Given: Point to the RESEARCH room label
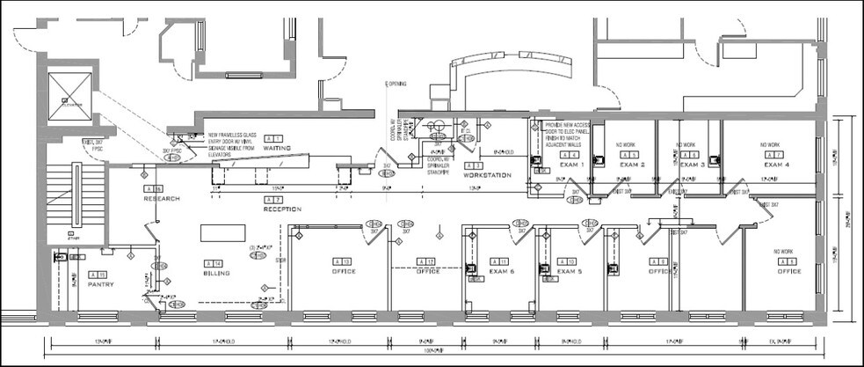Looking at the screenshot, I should point(162,199).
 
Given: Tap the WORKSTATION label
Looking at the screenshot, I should point(486,175).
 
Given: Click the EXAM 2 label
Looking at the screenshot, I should point(632,165).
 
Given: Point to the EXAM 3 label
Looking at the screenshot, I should point(693,165).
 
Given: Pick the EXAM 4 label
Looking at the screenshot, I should point(777,165).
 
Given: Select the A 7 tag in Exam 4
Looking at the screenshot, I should point(776,155).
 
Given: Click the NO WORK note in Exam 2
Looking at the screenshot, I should point(627,145).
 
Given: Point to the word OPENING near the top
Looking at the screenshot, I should point(397,84).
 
